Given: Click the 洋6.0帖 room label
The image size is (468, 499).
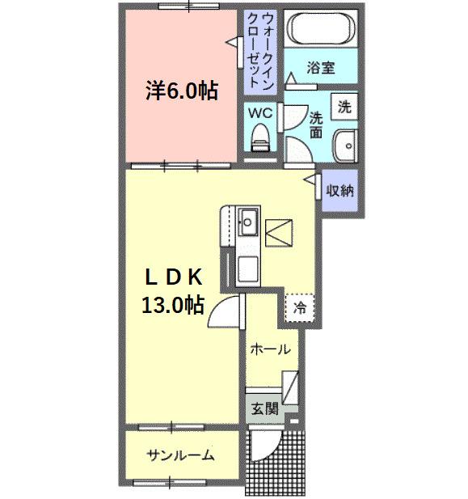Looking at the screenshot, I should (182, 91).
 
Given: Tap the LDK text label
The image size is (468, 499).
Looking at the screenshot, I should (173, 277).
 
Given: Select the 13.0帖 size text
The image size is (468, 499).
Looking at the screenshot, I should (173, 305).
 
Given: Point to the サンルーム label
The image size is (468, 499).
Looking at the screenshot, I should (180, 455).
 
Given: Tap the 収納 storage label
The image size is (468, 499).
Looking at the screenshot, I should (339, 191).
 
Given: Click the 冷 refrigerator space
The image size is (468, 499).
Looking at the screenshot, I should (300, 307).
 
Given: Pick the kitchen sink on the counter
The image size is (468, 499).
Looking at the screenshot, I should (247, 218).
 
